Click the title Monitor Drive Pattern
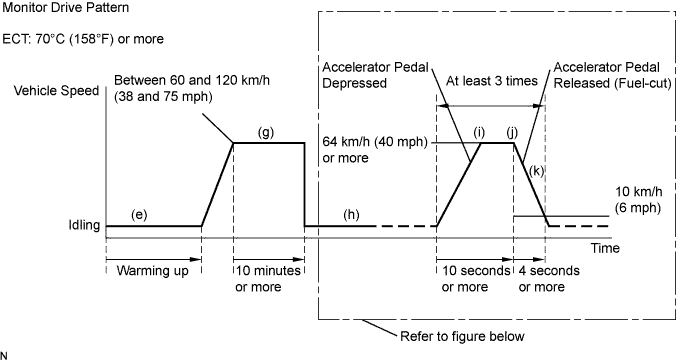pos(66,8)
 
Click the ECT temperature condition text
pos(83,39)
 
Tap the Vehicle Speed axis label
pos(57,91)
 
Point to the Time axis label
pos(605,248)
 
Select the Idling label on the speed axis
pos(84,225)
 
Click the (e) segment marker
pos(139,215)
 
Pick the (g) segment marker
pos(266,133)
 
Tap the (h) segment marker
pos(351,215)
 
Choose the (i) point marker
pos(479,133)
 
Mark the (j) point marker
pos(512,133)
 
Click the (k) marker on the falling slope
pos(536,171)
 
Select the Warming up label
pos(152,271)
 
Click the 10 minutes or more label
pos(268,279)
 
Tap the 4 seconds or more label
pos(549,279)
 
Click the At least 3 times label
pos(491,81)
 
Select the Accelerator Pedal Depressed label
pos(375,75)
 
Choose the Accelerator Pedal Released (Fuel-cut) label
pos(612,75)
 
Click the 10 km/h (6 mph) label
pos(638,199)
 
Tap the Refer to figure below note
pos(462,336)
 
